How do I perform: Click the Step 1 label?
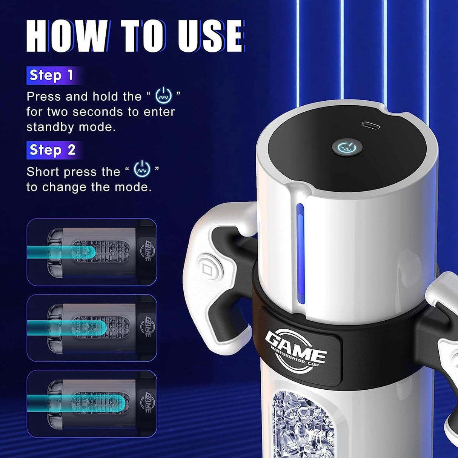(x=51, y=75)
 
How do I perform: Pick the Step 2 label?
(x=52, y=150)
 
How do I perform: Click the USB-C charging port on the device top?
(x=369, y=124)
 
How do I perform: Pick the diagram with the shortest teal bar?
(x=92, y=252)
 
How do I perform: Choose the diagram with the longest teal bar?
(x=92, y=403)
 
